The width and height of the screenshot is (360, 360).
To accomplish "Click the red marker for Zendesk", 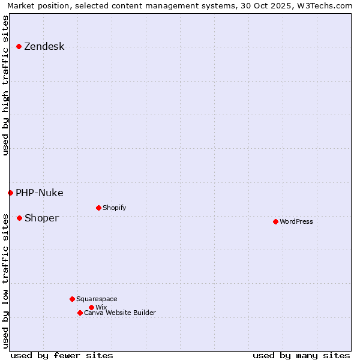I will pos(19,46).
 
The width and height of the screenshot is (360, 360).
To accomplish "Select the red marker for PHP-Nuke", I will pos(10,193).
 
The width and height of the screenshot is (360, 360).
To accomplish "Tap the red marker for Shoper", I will pos(19,218).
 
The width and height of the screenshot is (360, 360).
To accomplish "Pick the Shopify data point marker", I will pos(98,208).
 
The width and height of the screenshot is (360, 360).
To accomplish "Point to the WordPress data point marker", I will pos(275,221).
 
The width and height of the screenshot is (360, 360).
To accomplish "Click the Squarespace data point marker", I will pos(72,299).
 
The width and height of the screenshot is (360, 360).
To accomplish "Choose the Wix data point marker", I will pos(91,307).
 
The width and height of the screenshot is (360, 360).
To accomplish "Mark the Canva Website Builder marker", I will pos(80,313).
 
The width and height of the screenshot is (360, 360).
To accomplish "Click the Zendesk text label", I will pos(44,47).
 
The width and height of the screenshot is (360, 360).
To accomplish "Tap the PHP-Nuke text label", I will pos(39,193).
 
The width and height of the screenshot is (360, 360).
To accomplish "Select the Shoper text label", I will pos(41,218).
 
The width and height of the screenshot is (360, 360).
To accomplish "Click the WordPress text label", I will pos(296,222).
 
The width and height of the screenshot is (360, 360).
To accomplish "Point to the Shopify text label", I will pos(114,208).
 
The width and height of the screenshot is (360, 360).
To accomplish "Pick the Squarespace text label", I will pos(97,299).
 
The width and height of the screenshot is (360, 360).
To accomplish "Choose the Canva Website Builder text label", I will pos(120,313).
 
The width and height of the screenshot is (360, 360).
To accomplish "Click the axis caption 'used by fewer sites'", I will pos(62,355).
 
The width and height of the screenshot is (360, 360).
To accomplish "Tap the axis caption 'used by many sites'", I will pos(301,355).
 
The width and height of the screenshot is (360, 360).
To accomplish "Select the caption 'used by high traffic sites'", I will pos(6,85).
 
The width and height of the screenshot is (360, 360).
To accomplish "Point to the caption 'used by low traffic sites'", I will pos(6,280).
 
